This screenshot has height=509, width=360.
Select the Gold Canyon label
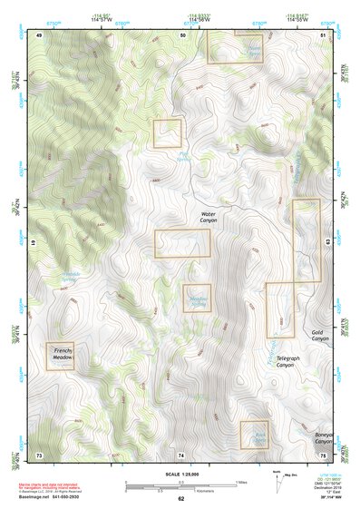point(317,337)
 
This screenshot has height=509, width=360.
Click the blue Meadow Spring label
point(199,300)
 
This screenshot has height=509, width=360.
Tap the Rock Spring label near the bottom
point(256,436)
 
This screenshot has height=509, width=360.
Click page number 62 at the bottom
point(180,498)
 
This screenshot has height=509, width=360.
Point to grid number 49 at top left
point(39,34)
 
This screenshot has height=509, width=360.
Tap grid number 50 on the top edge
point(182,34)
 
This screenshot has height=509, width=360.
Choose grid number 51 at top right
point(323,34)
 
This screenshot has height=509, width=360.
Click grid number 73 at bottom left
point(39,454)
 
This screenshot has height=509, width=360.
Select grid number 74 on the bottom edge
point(180,454)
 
